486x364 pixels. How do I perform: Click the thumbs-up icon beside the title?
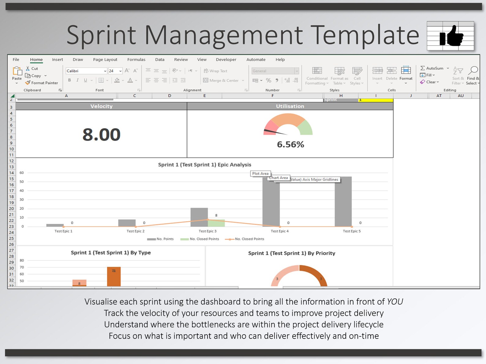tap(451, 36)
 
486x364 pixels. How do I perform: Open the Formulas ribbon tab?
tap(136, 59)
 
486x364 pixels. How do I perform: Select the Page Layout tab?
tap(105, 59)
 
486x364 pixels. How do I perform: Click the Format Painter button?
tap(42, 83)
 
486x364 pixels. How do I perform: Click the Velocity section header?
tap(101, 106)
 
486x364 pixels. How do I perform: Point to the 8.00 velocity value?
tap(101, 135)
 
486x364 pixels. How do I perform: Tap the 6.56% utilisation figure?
tap(290, 144)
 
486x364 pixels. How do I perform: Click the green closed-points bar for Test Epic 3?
tap(216, 223)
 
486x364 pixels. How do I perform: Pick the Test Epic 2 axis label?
tap(136, 231)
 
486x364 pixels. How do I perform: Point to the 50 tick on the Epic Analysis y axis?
tap(22, 182)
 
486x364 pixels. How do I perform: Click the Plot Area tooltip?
tap(260, 173)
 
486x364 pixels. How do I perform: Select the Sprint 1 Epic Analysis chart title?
tap(204, 165)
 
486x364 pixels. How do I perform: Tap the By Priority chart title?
tap(291, 253)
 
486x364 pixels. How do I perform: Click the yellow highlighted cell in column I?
tap(376, 100)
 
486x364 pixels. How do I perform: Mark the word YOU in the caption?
tap(395, 302)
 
